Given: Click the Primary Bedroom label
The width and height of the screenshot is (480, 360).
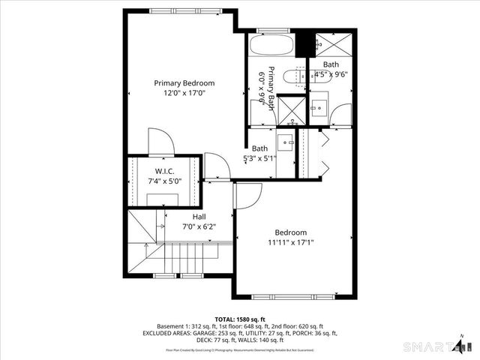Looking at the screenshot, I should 184,83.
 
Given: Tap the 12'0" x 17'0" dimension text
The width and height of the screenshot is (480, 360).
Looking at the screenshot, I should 184,93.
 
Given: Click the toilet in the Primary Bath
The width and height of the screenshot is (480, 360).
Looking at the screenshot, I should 298,76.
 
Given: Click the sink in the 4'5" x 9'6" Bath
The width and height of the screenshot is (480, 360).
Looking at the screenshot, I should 318,105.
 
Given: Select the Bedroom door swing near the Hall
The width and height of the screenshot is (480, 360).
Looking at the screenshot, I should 246,196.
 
